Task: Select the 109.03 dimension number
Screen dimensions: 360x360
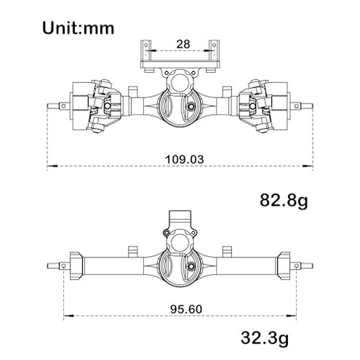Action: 179,156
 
